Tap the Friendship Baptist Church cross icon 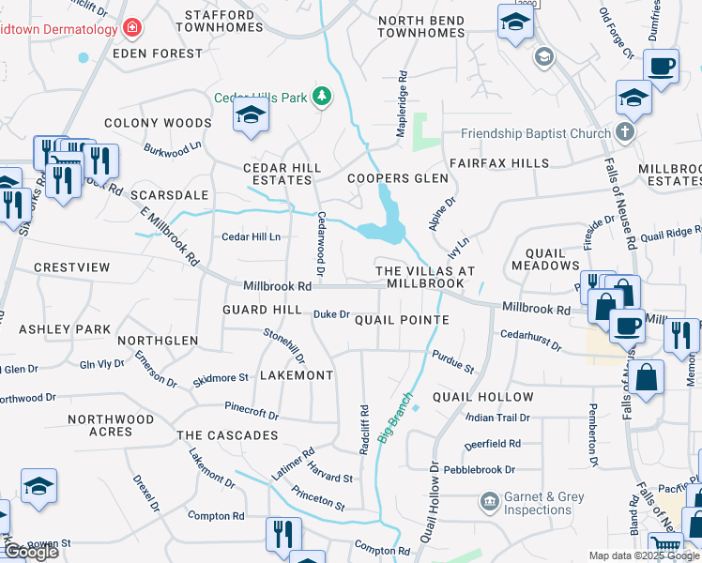pos(626,133)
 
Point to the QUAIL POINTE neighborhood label pos(402,320)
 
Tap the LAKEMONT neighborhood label pos(296,375)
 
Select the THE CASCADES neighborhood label pos(227,435)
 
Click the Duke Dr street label pos(331,315)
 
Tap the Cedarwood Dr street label pos(320,243)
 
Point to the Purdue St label pos(453,361)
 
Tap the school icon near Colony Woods pos(251,115)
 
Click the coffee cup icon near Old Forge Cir pos(662,67)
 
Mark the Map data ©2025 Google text pos(643,555)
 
